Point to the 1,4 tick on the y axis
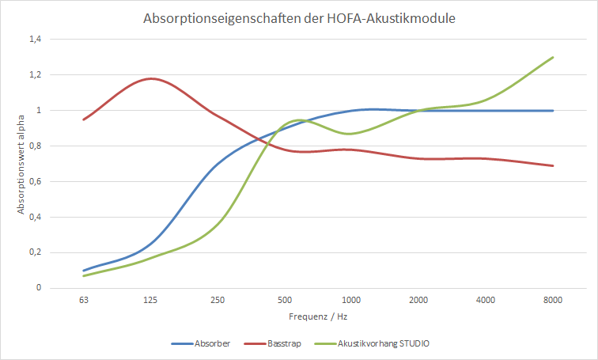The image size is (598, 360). pyautogui.click(x=36, y=39)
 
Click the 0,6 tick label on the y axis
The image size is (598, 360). pyautogui.click(x=36, y=181)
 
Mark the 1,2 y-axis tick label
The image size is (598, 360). pyautogui.click(x=36, y=74)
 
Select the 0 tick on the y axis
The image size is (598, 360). pyautogui.click(x=38, y=288)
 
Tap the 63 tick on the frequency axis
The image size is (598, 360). pyautogui.click(x=83, y=300)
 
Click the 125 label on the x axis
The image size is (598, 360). pyautogui.click(x=150, y=300)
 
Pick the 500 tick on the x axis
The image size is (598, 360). pyautogui.click(x=284, y=300)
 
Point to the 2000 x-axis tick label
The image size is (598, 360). pyautogui.click(x=418, y=300)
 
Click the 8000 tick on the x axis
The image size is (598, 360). pyautogui.click(x=552, y=300)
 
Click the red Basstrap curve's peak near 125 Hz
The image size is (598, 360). pyautogui.click(x=150, y=78)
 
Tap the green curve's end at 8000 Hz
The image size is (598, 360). pyautogui.click(x=552, y=57)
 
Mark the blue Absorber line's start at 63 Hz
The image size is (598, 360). pyautogui.click(x=84, y=271)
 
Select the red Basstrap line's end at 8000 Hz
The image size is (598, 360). pyautogui.click(x=552, y=165)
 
